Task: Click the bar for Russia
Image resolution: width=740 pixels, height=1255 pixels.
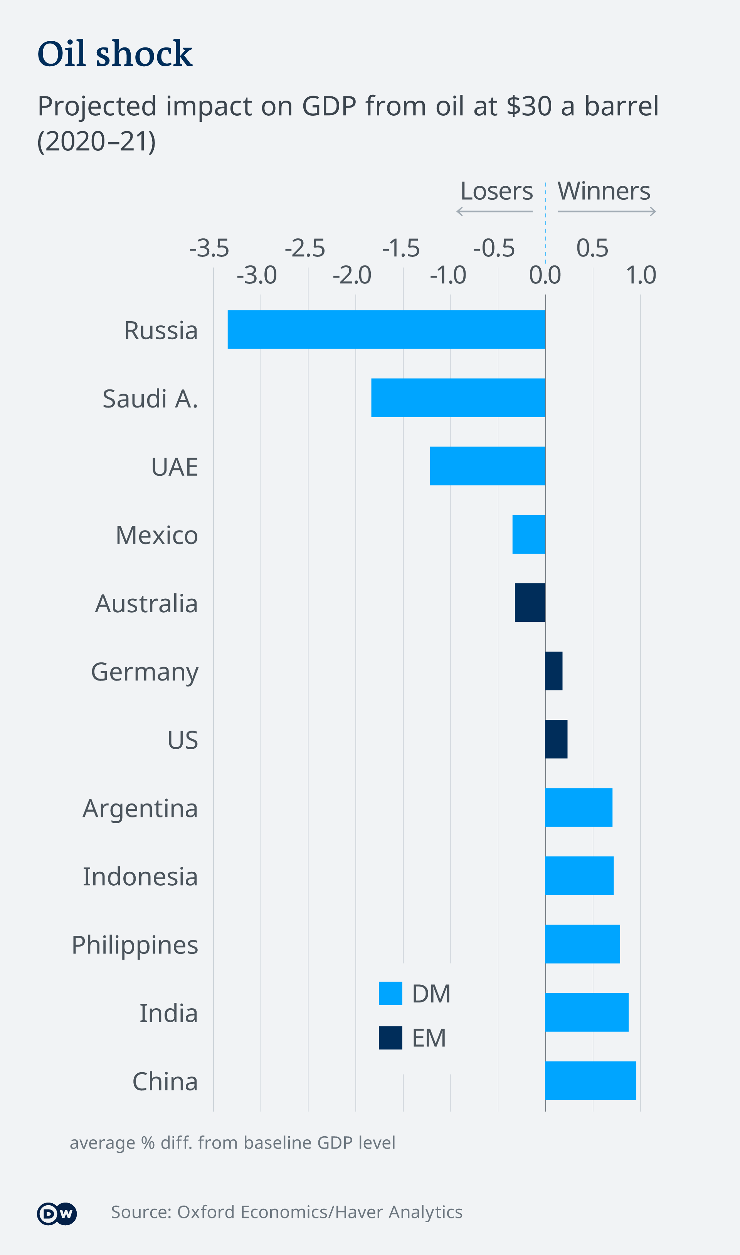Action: pos(387,329)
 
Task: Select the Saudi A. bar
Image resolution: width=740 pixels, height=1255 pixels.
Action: pos(458,398)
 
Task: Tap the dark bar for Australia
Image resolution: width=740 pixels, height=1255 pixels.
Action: pos(530,603)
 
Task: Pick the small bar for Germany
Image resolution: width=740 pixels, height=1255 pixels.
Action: pos(554,671)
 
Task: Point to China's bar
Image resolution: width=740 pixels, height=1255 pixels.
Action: pos(590,1080)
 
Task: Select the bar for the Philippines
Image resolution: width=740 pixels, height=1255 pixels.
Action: pos(582,944)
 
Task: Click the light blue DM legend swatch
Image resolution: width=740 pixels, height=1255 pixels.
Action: pos(390,993)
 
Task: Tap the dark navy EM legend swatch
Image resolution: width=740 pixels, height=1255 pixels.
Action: pos(390,1038)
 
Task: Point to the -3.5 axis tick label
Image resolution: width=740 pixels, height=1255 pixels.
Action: pos(209,248)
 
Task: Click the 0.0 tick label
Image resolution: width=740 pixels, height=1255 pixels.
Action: pos(545,275)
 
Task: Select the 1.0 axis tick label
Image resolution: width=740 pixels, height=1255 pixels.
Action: pos(641,275)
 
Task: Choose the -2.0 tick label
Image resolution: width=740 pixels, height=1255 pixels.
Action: pos(352,275)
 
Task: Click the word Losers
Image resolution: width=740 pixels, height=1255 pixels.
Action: pos(496,190)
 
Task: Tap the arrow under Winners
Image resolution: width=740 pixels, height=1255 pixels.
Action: pos(606,212)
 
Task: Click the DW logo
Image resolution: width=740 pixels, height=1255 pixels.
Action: pos(57,1214)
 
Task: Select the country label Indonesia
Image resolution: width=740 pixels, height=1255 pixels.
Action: pos(140,876)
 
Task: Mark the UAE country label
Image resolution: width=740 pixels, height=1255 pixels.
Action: pos(175,467)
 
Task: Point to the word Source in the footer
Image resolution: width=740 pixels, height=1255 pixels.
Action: pos(141,1212)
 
